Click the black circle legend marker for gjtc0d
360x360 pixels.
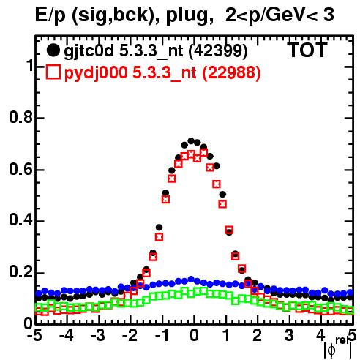coord(53,50)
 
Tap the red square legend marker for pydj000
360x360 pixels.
coord(53,72)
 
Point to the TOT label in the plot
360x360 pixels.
coord(307,50)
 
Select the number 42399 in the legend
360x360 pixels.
coord(218,50)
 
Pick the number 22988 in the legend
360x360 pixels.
coord(231,72)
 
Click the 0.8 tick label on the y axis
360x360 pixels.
coord(21,117)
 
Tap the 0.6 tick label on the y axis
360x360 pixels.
coord(21,169)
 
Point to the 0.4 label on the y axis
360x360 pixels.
coord(21,221)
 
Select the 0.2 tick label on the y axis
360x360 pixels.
coord(21,272)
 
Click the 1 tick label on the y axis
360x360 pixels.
coord(30,65)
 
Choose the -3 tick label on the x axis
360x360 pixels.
coord(98,335)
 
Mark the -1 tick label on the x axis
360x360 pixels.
coord(162,335)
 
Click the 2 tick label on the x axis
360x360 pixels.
coord(258,335)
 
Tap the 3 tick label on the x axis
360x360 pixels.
coord(289,335)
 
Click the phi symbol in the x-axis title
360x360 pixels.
coord(331,350)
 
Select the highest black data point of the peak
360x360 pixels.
coord(191,140)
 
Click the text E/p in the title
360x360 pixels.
coord(50,15)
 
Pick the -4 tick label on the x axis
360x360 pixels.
coord(67,335)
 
